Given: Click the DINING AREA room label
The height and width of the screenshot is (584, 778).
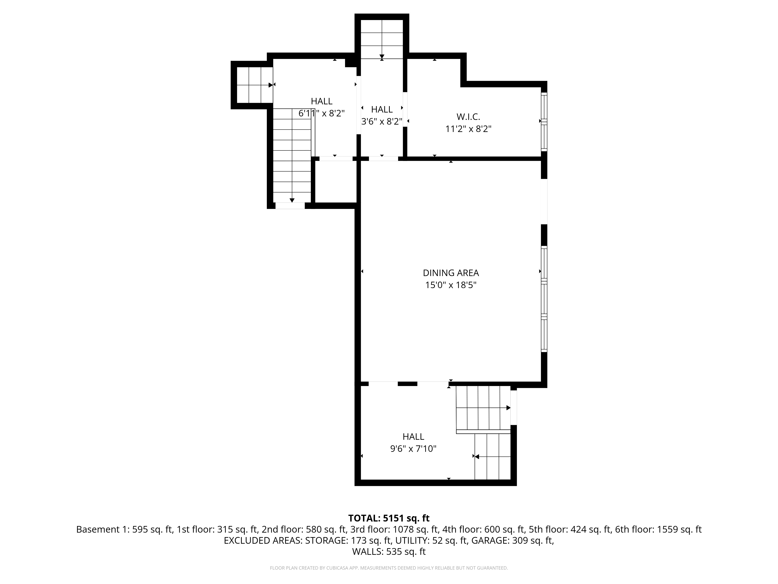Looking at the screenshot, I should [450, 273].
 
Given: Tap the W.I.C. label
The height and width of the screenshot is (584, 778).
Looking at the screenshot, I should [468, 117].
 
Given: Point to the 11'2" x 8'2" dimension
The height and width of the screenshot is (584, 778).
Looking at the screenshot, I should [468, 129].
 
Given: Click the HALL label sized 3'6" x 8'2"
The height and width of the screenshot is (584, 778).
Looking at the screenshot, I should [382, 109].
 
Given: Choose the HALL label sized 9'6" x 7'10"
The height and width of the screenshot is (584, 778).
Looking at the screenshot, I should [413, 436].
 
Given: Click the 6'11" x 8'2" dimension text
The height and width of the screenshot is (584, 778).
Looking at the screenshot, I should [322, 113].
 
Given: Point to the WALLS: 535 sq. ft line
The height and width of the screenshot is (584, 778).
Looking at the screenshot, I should [389, 552].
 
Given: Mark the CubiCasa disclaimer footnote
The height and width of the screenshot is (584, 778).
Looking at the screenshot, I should [389, 568].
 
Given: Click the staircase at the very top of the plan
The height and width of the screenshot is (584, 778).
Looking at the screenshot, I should [382, 39].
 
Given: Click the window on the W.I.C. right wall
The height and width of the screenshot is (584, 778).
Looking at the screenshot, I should [544, 121].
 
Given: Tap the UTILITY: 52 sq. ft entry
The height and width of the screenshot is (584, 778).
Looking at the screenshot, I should [432, 540].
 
